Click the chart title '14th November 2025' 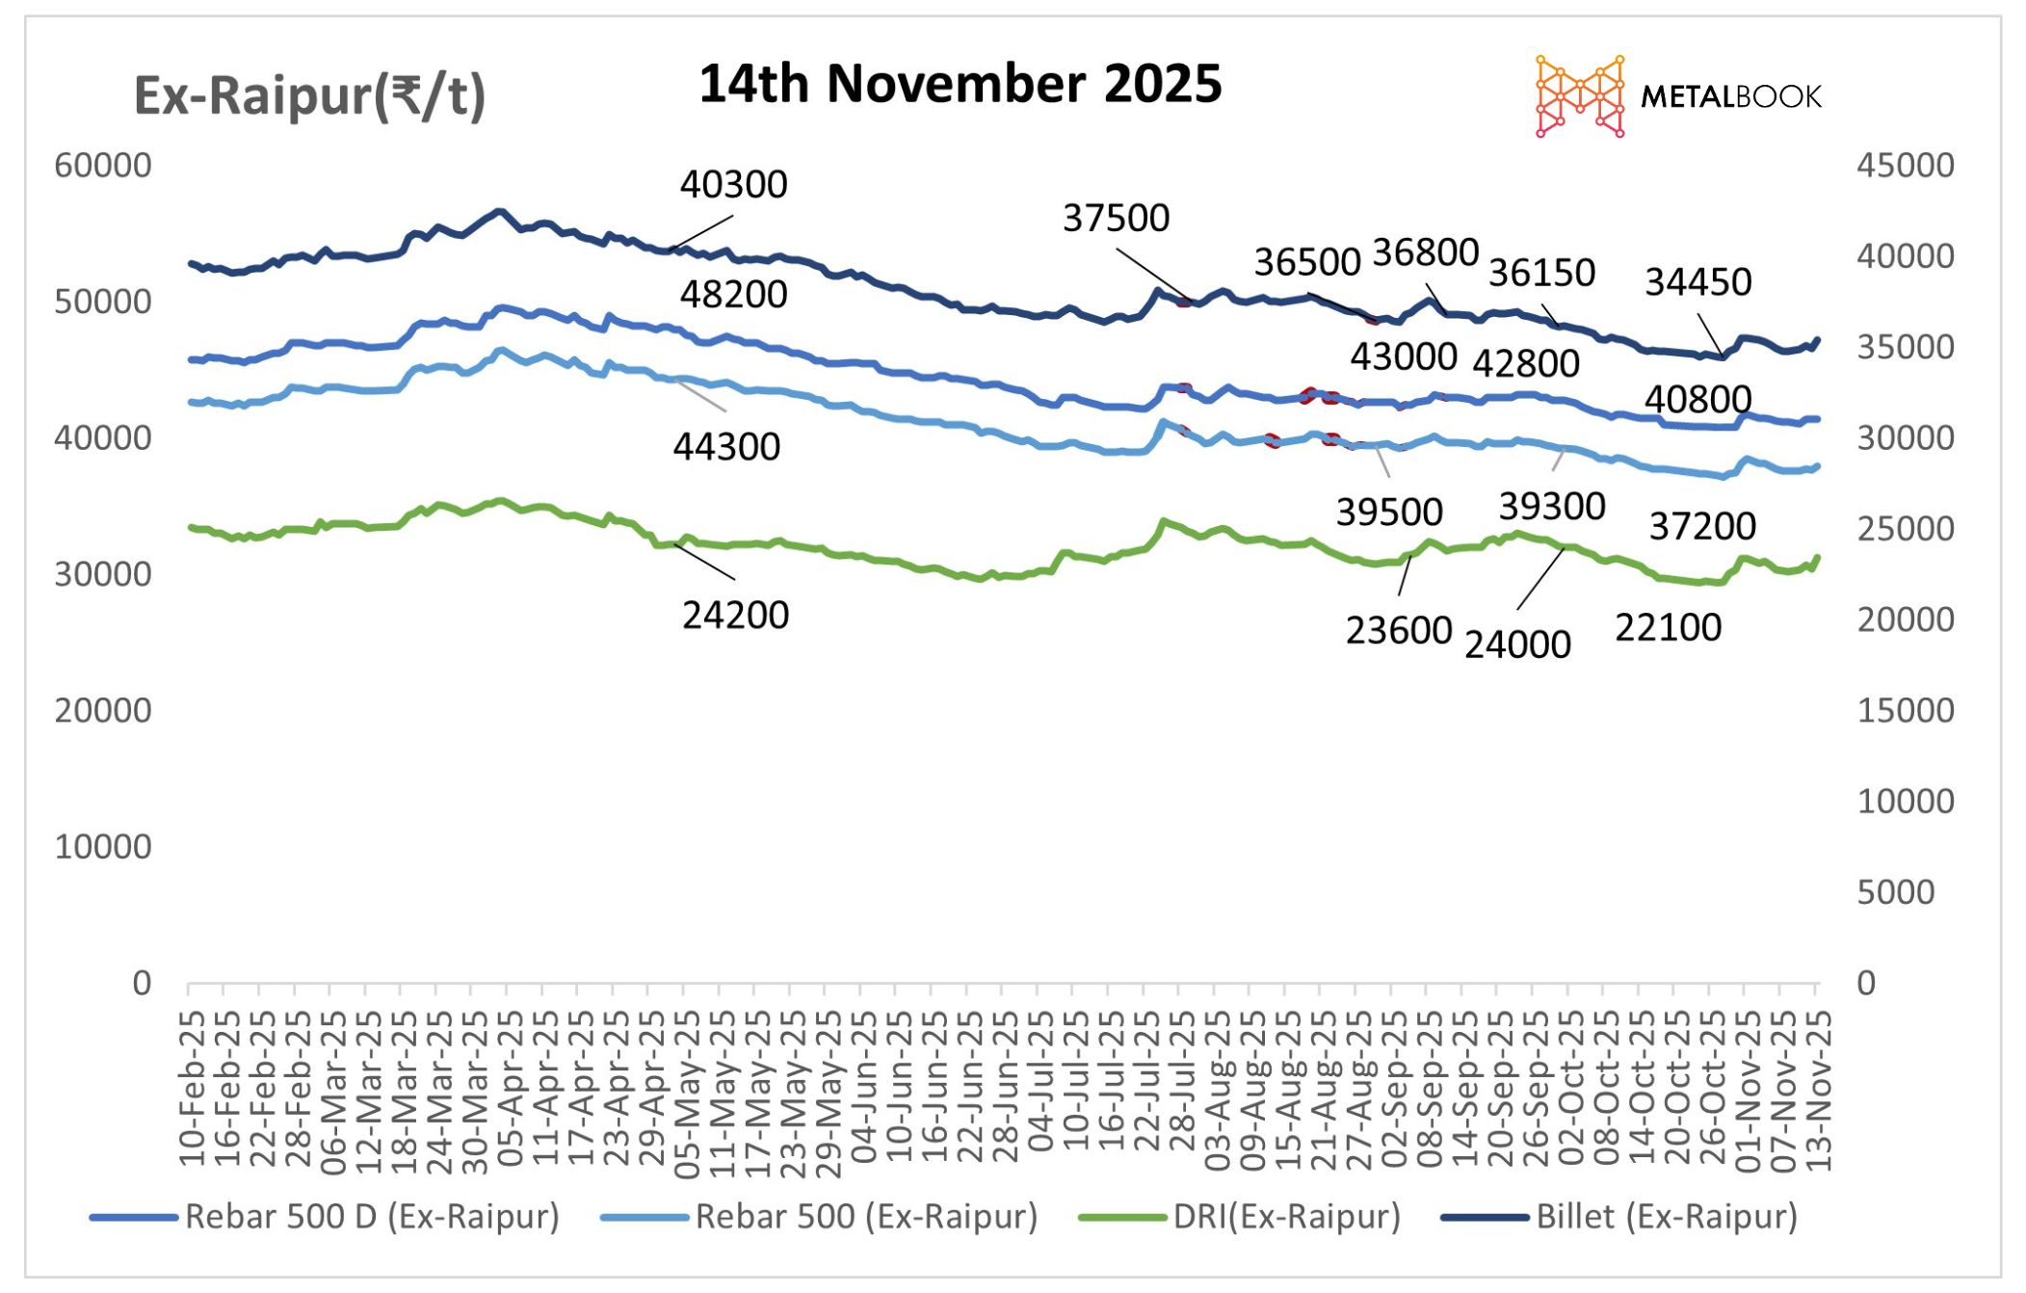pyautogui.click(x=960, y=84)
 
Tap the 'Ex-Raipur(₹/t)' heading pyautogui.click(x=309, y=96)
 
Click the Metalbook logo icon pyautogui.click(x=1579, y=96)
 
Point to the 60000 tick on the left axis pyautogui.click(x=103, y=166)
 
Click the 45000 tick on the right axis pyautogui.click(x=1905, y=166)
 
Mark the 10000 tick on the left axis pyautogui.click(x=103, y=847)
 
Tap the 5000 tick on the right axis pyautogui.click(x=1895, y=892)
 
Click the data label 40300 pyautogui.click(x=733, y=185)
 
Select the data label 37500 pyautogui.click(x=1116, y=219)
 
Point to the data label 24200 pyautogui.click(x=735, y=616)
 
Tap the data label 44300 pyautogui.click(x=726, y=447)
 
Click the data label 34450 pyautogui.click(x=1697, y=282)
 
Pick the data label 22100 pyautogui.click(x=1668, y=628)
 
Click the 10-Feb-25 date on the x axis pyautogui.click(x=192, y=1089)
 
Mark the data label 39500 pyautogui.click(x=1388, y=513)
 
